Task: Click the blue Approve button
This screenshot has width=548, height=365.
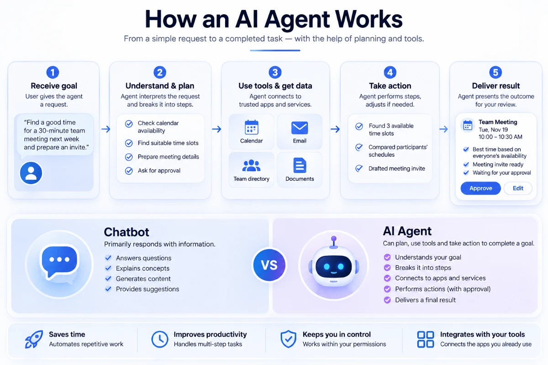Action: coord(480,188)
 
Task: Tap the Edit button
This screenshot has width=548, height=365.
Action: coord(518,188)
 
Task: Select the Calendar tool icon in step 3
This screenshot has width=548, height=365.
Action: coord(251,127)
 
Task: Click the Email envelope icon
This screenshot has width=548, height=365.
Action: coord(300,128)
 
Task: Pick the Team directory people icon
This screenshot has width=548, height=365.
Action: coord(251,166)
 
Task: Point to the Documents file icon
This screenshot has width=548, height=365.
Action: coord(300,165)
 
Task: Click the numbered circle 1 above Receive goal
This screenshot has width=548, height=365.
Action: coord(53,73)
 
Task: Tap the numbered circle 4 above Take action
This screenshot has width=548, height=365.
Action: coord(390,73)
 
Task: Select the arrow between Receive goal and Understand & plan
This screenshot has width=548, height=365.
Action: coord(105,129)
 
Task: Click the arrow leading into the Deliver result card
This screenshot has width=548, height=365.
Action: coord(443,129)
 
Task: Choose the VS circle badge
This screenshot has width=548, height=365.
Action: coord(269,265)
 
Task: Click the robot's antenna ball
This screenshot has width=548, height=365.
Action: coord(334,239)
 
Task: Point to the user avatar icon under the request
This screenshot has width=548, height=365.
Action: coord(31,173)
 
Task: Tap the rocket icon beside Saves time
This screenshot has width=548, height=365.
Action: coord(34,339)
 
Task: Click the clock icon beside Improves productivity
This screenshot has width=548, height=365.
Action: coord(159,339)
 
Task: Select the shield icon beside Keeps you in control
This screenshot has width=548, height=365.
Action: coord(288,339)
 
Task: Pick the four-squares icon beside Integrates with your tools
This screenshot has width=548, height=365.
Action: coord(426,339)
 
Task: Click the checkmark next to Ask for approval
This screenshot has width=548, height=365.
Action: coord(129,170)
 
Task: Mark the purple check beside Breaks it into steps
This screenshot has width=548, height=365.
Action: coord(387,268)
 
